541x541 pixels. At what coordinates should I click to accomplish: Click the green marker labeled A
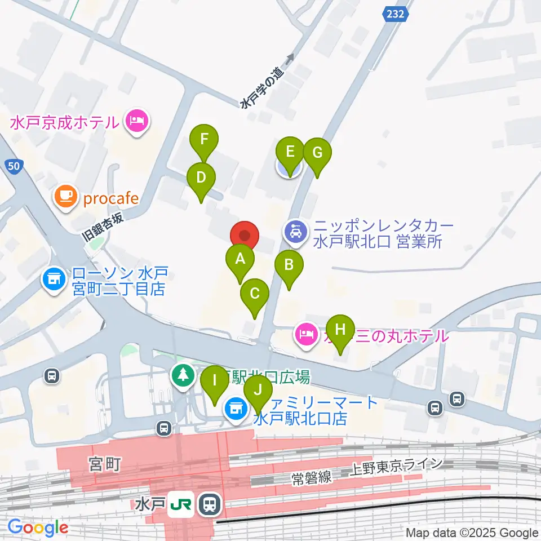click(240, 260)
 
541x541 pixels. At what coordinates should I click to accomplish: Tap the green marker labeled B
click(289, 265)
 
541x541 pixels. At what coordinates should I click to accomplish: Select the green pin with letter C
click(255, 294)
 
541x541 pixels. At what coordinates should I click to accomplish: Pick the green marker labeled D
click(201, 178)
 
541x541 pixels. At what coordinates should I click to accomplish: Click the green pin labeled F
click(205, 139)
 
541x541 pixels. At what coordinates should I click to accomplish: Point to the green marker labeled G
click(317, 153)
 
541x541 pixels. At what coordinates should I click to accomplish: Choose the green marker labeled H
click(340, 330)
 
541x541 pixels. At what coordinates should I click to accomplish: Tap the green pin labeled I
click(215, 380)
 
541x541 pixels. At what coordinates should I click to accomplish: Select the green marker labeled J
click(258, 390)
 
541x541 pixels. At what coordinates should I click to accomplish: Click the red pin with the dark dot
click(245, 236)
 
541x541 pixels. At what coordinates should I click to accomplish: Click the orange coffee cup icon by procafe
click(65, 197)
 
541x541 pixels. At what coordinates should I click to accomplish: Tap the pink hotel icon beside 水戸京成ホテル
click(136, 121)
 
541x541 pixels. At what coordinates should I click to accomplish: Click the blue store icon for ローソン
click(54, 278)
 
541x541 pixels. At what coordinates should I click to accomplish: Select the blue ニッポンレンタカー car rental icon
click(295, 232)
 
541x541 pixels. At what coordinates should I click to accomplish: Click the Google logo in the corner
click(37, 527)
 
